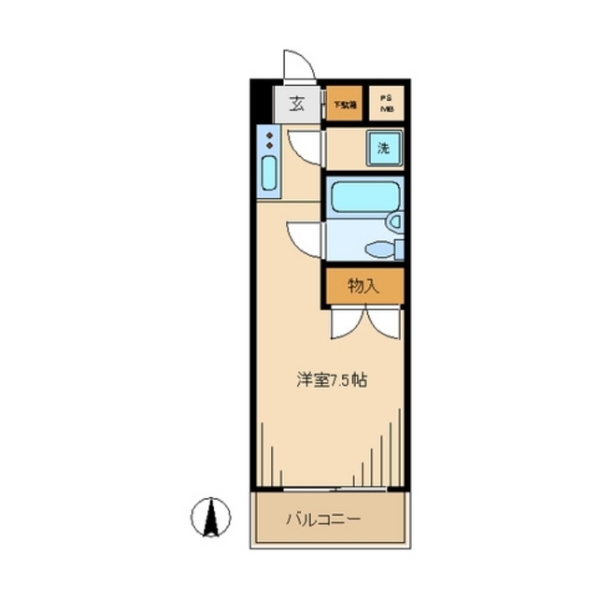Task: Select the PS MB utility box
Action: click(386, 104)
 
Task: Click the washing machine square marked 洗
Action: click(383, 148)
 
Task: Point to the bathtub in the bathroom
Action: click(365, 196)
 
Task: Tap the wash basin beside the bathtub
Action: click(394, 221)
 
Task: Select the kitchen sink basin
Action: click(269, 175)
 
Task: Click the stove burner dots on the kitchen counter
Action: click(269, 141)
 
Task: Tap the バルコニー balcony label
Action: click(321, 520)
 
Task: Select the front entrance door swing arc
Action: click(299, 65)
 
